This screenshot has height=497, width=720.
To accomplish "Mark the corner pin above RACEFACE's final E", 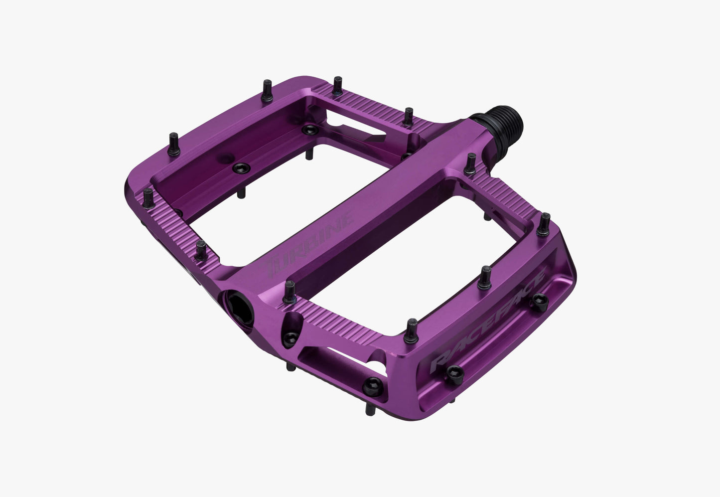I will click(546, 222).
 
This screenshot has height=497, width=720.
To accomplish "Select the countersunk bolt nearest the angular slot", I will click(307, 130).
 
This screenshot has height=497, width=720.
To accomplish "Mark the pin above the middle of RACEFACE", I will click(485, 277).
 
